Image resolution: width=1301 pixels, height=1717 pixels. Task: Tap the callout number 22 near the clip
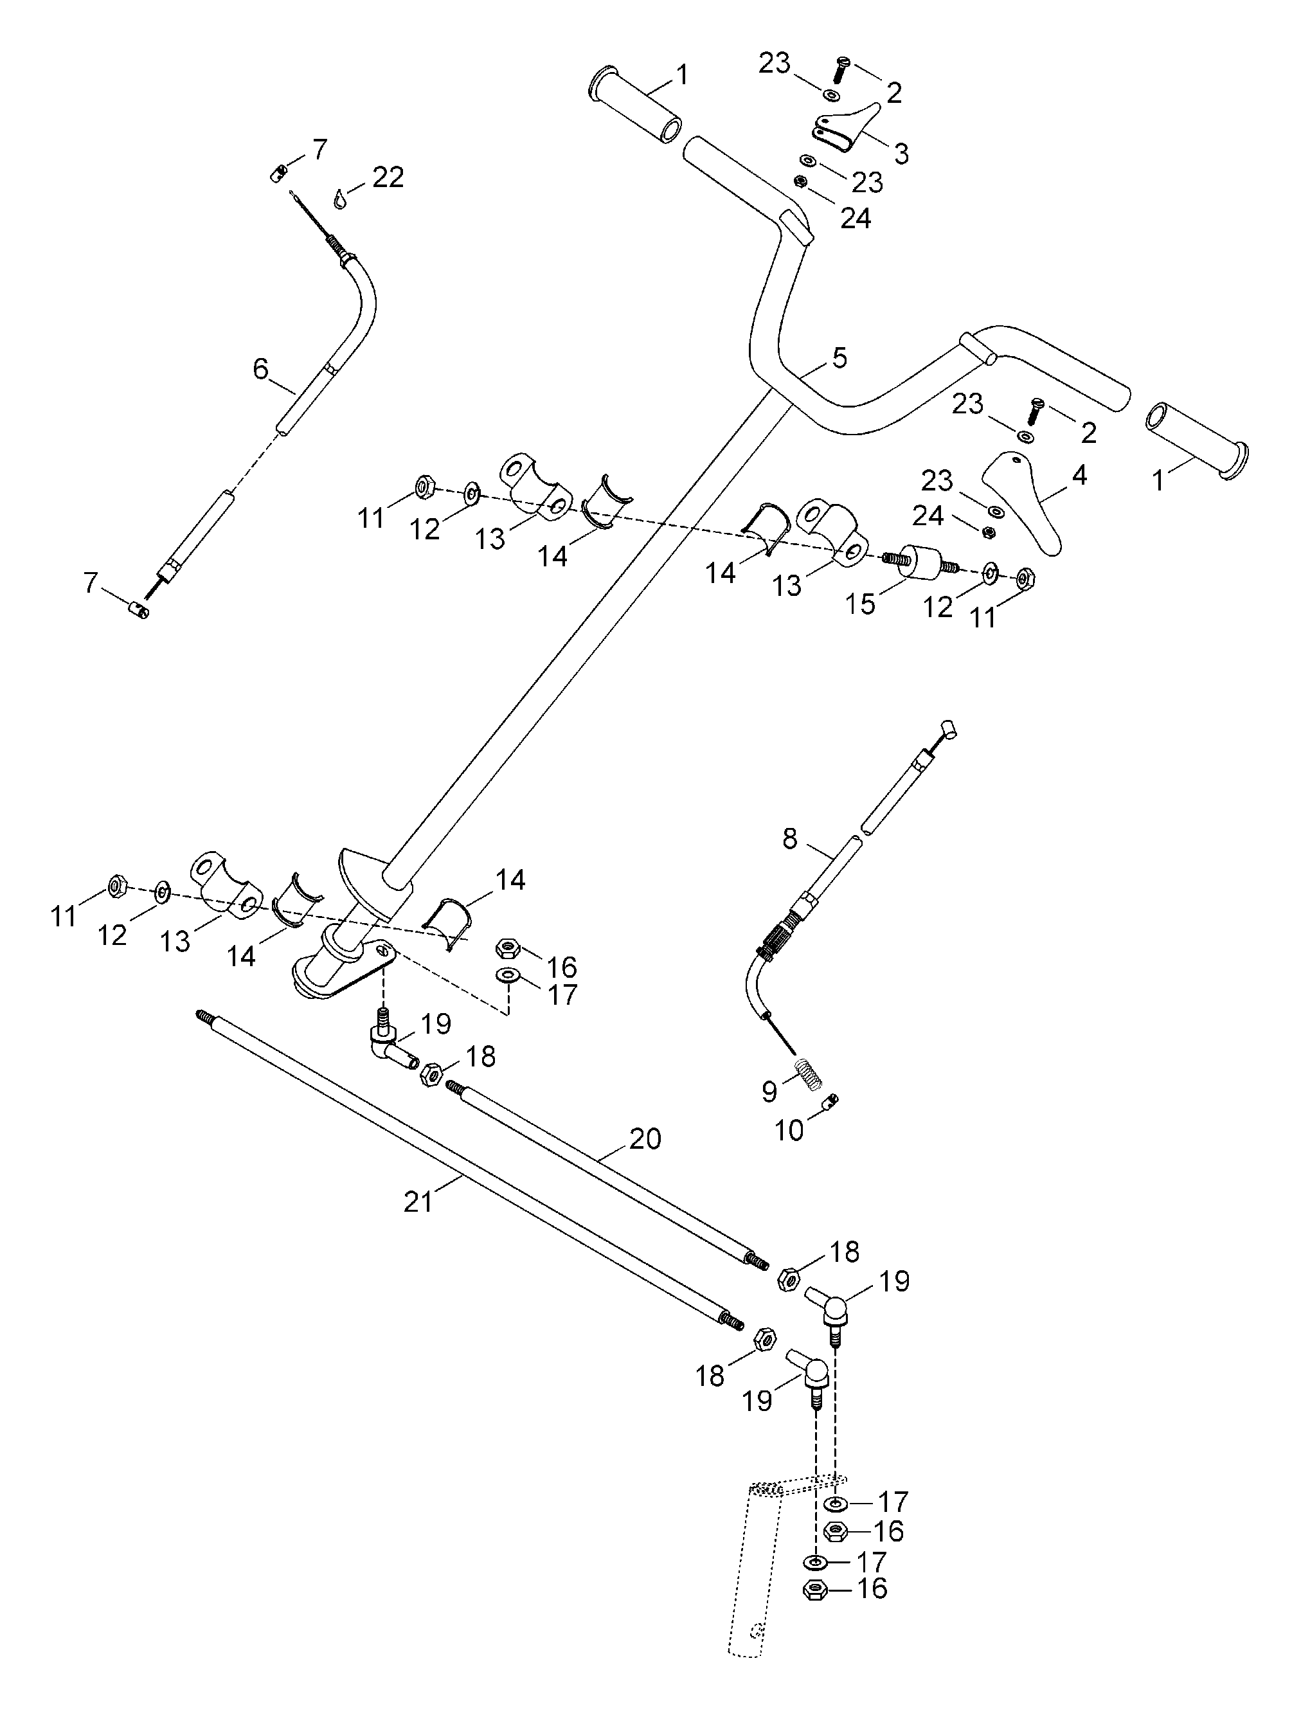point(388,178)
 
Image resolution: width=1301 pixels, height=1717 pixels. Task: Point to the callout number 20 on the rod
point(645,1138)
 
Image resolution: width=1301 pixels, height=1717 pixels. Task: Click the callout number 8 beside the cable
point(789,838)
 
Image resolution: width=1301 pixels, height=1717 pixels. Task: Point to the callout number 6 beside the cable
point(261,369)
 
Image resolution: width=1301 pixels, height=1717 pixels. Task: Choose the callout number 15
point(861,604)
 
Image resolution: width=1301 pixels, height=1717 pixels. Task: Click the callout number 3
point(901,153)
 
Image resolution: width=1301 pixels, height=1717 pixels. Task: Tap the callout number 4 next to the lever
point(1079,476)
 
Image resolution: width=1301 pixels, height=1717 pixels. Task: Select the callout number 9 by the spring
point(769,1092)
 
